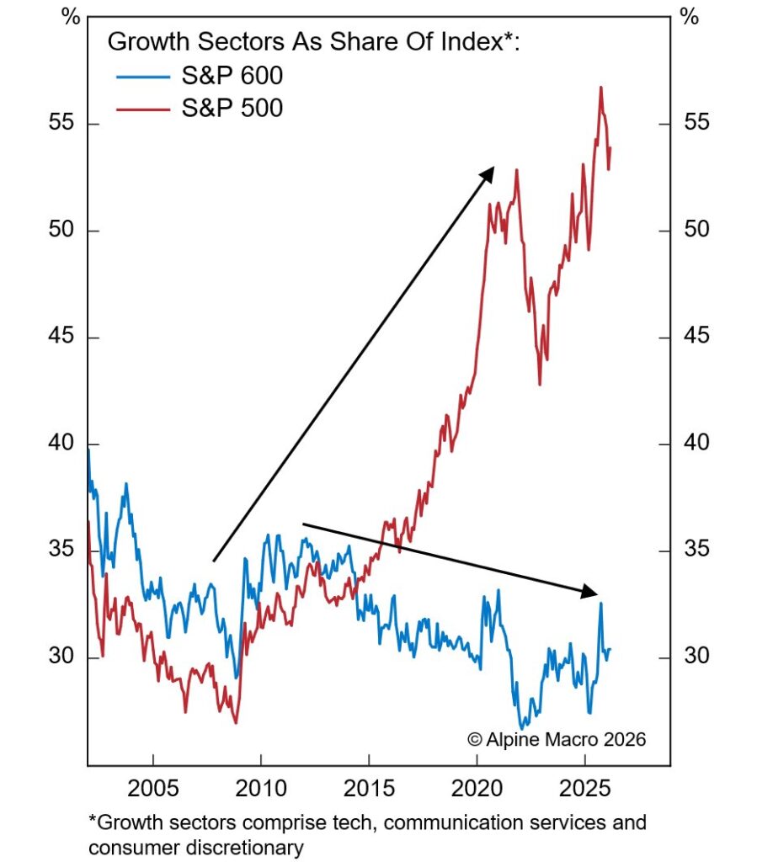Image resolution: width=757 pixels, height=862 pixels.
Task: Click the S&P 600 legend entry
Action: pyautogui.click(x=231, y=77)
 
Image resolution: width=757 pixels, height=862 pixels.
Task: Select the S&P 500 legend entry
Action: pyautogui.click(x=231, y=108)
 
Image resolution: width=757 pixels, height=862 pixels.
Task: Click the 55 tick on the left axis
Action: pyautogui.click(x=60, y=124)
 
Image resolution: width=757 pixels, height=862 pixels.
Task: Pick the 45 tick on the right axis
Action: pyautogui.click(x=696, y=338)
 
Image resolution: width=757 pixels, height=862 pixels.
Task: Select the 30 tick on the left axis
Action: pyautogui.click(x=60, y=657)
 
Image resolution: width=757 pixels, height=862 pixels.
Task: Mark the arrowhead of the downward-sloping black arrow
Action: pyautogui.click(x=592, y=593)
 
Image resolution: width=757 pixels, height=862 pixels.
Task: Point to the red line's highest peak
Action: pyautogui.click(x=601, y=87)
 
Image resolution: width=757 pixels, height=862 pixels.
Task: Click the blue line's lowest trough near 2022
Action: pyautogui.click(x=523, y=728)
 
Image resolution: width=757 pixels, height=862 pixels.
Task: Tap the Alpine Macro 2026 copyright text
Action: pyautogui.click(x=557, y=740)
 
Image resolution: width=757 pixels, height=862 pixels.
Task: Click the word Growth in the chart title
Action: pyautogui.click(x=141, y=42)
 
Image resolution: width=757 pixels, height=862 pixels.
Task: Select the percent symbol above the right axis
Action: pyautogui.click(x=689, y=16)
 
